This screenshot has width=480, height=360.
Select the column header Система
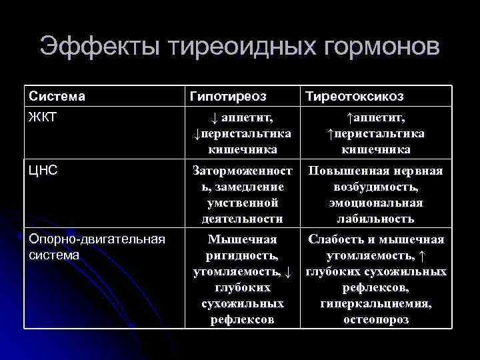coord(57,97)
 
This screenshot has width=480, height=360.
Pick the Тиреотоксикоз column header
coord(354,97)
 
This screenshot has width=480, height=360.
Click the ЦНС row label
coord(43,171)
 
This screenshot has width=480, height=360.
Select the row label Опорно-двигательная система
coord(97,247)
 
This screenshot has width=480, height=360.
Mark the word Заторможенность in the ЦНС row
coord(242,172)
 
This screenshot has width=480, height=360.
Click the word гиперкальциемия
coord(375,304)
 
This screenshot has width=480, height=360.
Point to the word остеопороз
coord(375,320)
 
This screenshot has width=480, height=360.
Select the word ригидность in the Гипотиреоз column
coord(242,255)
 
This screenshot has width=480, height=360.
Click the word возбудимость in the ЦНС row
coord(375,187)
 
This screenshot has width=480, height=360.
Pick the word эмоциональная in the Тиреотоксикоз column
coord(375,203)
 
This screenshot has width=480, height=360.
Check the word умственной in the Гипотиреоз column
coord(242,203)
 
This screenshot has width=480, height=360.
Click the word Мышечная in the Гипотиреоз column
coord(242,239)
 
